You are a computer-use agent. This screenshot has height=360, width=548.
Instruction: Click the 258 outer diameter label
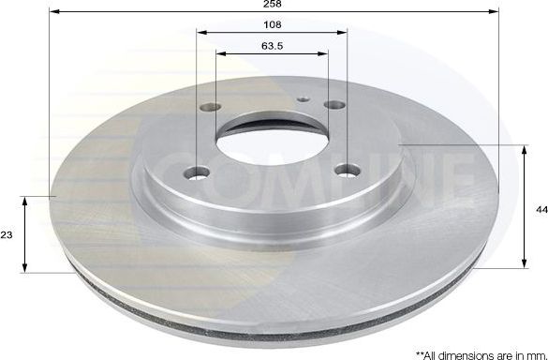tap(273, 5)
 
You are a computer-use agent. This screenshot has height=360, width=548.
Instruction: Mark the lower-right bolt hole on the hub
tap(348, 170)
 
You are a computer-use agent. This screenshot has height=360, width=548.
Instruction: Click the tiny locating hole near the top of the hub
tap(302, 97)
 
